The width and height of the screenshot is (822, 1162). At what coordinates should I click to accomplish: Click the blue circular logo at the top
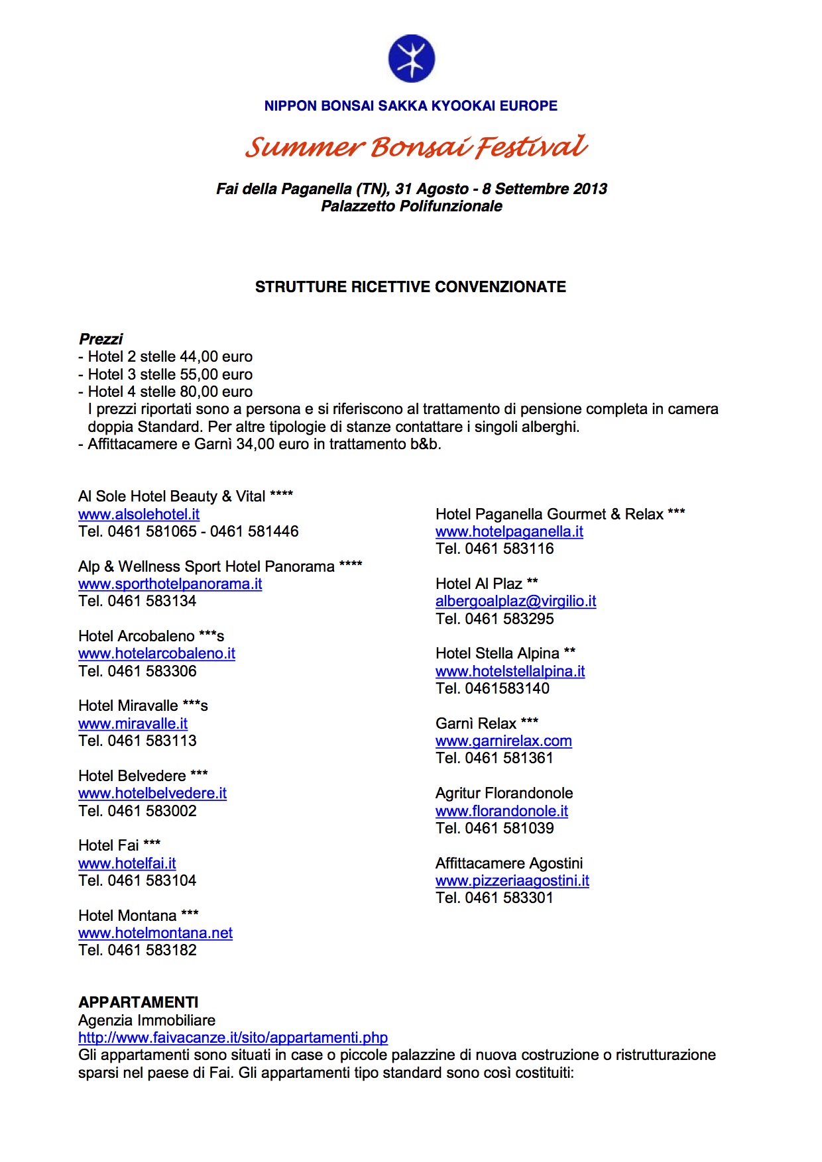pos(411,58)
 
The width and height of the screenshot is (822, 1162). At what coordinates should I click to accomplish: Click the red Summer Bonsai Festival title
pos(416,146)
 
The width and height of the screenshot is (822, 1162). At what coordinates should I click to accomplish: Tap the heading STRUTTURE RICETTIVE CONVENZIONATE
pos(410,287)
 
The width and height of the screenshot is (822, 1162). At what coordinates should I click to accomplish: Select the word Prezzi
pos(101,339)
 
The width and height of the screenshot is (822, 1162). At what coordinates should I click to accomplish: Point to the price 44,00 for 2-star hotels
pos(198,356)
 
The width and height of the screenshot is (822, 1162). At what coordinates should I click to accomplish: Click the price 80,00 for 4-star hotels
pos(198,392)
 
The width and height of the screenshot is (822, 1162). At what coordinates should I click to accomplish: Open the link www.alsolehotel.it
pos(139,514)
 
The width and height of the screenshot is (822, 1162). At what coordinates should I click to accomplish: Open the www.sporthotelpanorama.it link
pos(170,584)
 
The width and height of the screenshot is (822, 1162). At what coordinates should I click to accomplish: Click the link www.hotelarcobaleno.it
pos(156,653)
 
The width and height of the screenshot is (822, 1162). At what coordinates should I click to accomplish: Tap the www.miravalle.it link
pos(133,723)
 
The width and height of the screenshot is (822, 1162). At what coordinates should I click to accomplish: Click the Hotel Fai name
pos(109,845)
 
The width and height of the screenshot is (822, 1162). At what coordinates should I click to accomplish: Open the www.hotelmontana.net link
pos(155,933)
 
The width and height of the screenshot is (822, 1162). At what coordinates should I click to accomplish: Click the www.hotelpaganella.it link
pos(509,531)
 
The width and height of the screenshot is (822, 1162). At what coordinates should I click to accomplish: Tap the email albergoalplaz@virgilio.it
pos(516,601)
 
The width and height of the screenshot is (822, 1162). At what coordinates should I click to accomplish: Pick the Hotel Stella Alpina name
pos(497,653)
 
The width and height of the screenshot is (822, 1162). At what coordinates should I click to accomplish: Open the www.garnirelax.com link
pos(503,741)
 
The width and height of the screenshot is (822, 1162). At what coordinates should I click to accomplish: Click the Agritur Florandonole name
pos(504,793)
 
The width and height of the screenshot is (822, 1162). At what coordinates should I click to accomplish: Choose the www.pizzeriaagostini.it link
pos(512,880)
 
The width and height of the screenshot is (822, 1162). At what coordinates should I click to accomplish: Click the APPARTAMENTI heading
pos(138,1002)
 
